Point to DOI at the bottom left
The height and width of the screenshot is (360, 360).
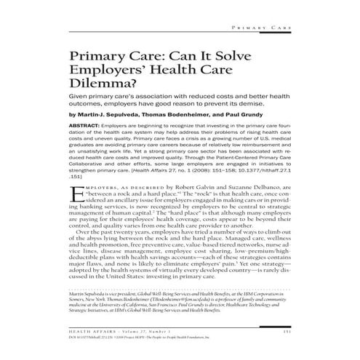(72, 337)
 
